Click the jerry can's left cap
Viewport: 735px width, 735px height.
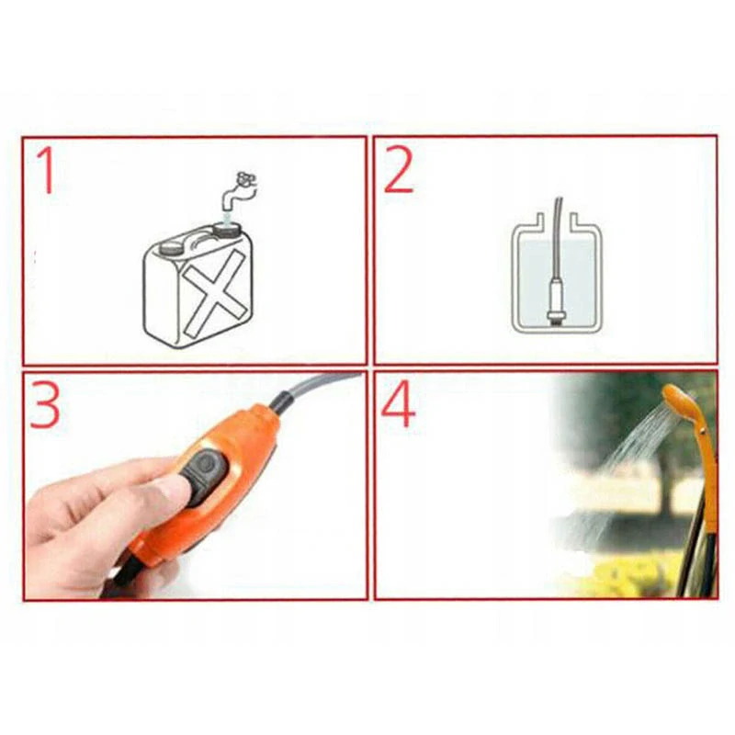171,246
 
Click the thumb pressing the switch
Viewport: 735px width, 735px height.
170,487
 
